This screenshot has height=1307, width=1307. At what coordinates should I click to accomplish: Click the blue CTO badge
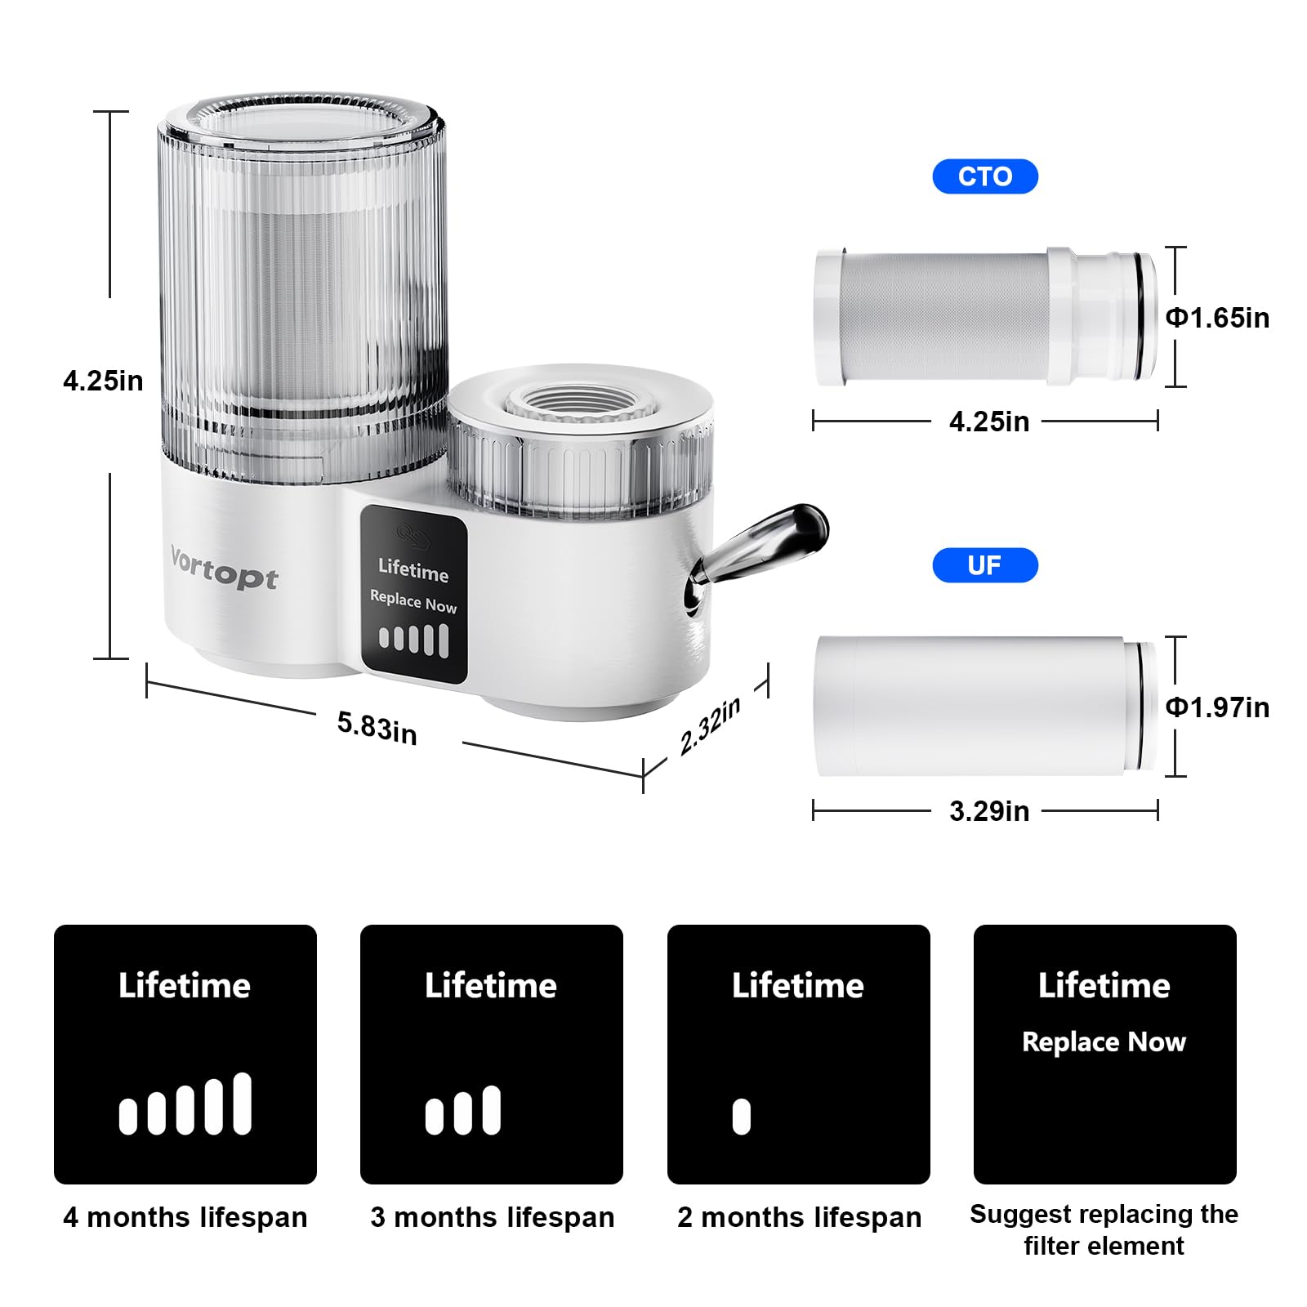[985, 176]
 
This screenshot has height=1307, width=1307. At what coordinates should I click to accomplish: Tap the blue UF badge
[985, 565]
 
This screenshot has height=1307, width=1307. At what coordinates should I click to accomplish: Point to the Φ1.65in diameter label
[1217, 318]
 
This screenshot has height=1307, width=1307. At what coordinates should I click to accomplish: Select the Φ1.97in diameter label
[1217, 707]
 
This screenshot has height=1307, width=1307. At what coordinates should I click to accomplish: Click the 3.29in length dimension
[989, 811]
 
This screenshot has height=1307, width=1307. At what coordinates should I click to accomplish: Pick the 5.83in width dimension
[377, 727]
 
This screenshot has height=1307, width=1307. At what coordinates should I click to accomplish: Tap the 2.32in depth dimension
[710, 725]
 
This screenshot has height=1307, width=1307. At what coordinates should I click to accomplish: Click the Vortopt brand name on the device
[224, 568]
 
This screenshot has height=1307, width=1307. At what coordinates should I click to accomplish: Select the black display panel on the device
[414, 593]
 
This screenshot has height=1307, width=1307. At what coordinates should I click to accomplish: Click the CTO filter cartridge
[986, 317]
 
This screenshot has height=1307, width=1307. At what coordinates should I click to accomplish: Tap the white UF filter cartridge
[986, 707]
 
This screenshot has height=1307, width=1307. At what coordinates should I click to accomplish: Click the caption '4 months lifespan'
[185, 1217]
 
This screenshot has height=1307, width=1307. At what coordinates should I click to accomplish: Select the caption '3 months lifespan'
[492, 1217]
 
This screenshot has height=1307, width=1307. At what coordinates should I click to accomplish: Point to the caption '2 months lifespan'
[799, 1217]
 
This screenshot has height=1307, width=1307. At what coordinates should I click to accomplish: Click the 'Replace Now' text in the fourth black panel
[1104, 1042]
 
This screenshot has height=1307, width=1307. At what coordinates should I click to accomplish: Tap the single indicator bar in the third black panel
[742, 1117]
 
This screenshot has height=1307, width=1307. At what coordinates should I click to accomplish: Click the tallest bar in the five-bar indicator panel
[243, 1104]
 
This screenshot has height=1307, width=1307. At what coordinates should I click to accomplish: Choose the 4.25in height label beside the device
[103, 381]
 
